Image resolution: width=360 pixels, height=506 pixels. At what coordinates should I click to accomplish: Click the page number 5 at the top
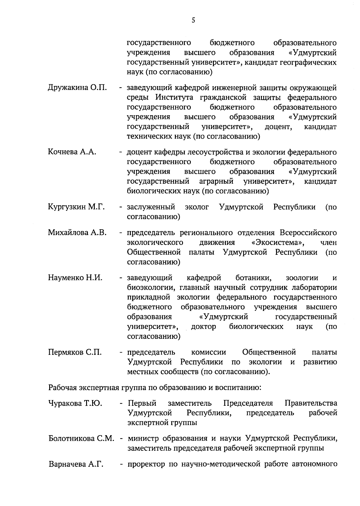[x=193, y=20]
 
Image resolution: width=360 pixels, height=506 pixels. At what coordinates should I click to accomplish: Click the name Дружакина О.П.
[x=77, y=88]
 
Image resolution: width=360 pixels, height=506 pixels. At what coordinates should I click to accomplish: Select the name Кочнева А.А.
[x=72, y=152]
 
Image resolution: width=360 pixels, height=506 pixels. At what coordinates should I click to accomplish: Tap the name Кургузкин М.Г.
[x=76, y=207]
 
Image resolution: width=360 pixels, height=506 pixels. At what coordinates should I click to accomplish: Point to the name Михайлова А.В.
[x=77, y=233]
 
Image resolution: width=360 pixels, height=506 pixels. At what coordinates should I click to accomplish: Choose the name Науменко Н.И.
[x=75, y=278]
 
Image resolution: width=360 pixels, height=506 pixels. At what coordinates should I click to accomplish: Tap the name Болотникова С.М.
[x=81, y=438]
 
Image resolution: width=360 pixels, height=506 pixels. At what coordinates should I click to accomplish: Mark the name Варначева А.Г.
[x=76, y=464]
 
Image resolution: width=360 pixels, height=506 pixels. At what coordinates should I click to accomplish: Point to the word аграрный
[x=216, y=181]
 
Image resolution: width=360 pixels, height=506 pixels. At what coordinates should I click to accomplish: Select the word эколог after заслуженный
[x=197, y=207]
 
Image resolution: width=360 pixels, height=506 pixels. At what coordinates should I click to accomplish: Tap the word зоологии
[x=302, y=278]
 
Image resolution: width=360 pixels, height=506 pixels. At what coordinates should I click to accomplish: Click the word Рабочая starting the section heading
[x=63, y=387]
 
